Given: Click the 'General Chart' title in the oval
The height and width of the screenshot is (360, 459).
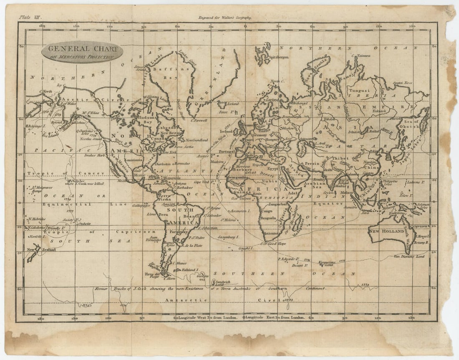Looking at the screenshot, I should tap(82, 49).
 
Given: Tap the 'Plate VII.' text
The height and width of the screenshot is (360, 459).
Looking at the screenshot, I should tap(30, 17).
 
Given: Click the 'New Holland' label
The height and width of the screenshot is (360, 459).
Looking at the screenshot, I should tap(386, 231).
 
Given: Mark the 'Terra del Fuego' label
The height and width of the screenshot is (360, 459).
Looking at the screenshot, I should tap(152, 275).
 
